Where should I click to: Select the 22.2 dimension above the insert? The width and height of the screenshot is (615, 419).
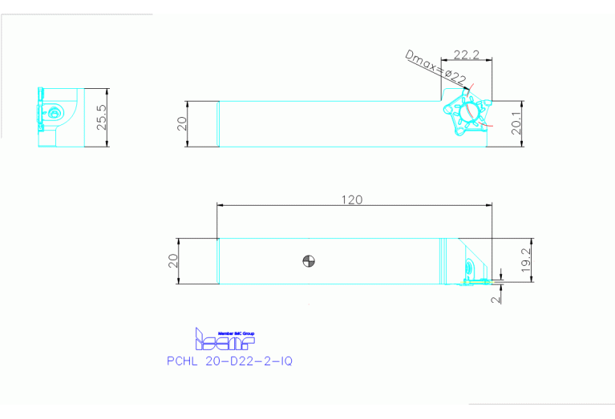tap(466, 55)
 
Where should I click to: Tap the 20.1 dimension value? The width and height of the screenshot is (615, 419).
tap(517, 124)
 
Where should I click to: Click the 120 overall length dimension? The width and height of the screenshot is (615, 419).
tap(351, 199)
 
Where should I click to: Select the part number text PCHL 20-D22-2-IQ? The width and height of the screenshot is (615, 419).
tap(229, 361)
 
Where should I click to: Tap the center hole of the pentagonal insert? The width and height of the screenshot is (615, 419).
tap(470, 112)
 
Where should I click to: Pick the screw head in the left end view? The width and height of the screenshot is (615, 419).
tap(55, 113)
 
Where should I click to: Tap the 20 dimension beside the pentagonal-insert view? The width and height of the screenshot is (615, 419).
tap(182, 123)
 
